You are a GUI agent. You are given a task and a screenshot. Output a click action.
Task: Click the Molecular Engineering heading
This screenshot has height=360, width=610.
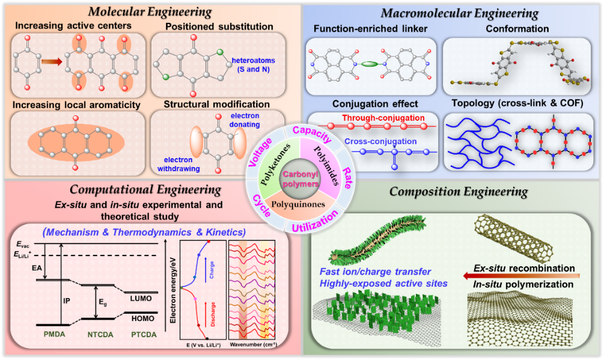click(x=150, y=11)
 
